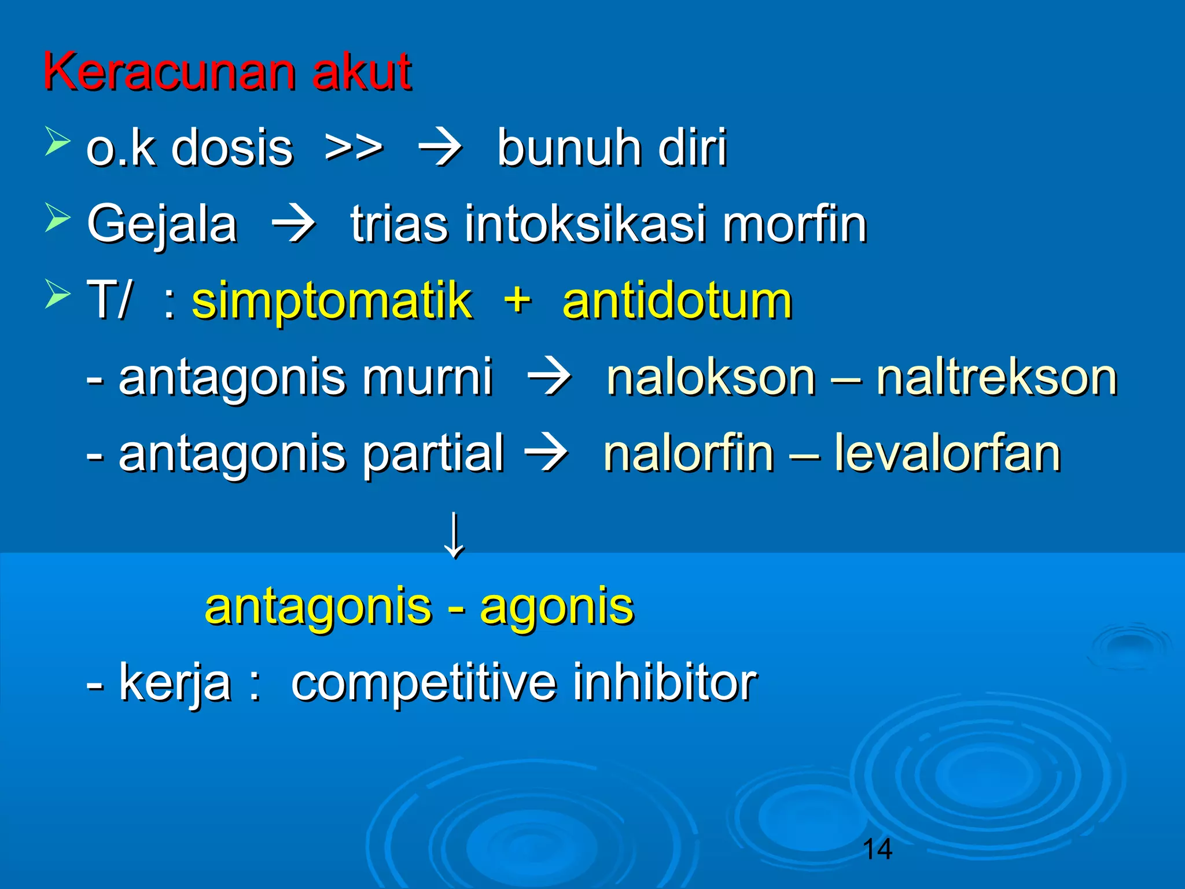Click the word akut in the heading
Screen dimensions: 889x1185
pos(362,72)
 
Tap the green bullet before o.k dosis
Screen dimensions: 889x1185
pos(57,142)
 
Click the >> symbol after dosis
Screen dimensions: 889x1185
pos(354,149)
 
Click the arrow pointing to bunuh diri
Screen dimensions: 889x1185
pos(440,149)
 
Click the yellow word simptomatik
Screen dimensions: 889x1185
pos(332,301)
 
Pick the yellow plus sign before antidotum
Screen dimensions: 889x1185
pos(517,301)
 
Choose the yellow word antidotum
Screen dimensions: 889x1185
pos(677,301)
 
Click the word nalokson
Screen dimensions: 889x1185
pos(711,377)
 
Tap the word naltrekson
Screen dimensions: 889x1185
pos(996,377)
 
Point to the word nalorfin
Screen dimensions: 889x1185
pos(689,454)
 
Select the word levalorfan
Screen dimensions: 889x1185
pos(947,454)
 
